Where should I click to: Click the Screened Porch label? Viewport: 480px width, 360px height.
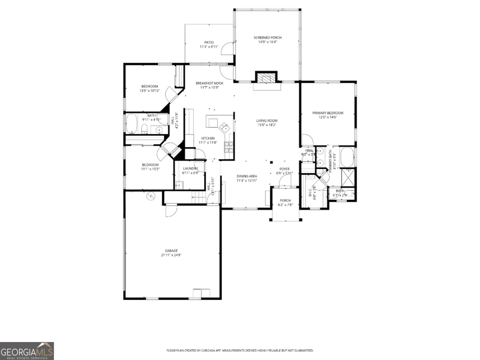[268, 37]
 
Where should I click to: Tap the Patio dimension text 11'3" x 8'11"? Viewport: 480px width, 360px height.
[209, 47]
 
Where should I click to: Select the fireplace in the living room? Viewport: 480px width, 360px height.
[266, 78]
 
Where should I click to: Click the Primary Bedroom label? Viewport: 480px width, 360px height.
[328, 113]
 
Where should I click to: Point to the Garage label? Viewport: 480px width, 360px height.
[171, 251]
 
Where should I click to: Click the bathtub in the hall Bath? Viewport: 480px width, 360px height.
[131, 124]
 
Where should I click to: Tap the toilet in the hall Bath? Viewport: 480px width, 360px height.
[144, 129]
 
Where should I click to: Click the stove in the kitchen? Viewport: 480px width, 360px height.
[229, 147]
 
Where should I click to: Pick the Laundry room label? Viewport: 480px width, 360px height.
[190, 169]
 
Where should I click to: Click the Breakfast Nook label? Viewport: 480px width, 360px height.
[210, 83]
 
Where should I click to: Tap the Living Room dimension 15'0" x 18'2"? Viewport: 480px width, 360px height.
[266, 125]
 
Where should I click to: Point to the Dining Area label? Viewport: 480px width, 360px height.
[247, 176]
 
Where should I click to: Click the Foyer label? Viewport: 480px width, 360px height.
[284, 169]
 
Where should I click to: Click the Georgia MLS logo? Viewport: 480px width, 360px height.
[27, 351]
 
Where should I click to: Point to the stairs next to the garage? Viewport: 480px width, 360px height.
[198, 198]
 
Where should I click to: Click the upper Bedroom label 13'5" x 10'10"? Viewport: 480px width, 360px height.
[149, 86]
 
